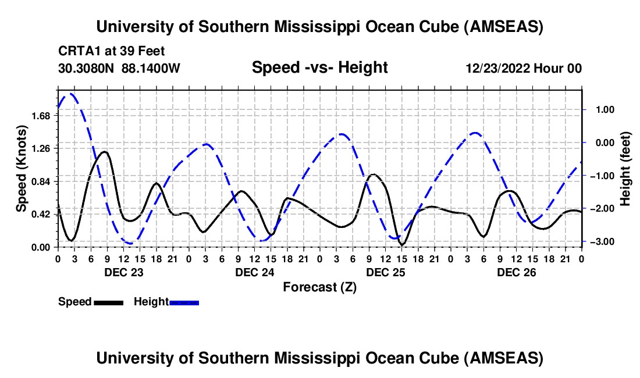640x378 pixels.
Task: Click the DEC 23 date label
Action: [x=123, y=272]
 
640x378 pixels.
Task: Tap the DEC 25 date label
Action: [x=385, y=272]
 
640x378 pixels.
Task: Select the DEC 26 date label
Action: [x=516, y=272]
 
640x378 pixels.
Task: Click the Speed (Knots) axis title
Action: [x=22, y=171]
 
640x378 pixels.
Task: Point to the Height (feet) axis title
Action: [x=626, y=171]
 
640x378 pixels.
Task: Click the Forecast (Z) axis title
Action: [x=319, y=287]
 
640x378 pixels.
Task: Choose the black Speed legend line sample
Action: [x=108, y=302]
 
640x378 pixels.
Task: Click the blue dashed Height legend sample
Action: [x=184, y=302]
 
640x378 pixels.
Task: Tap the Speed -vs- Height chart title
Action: [x=319, y=68]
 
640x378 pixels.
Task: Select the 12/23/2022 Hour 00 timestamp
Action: [x=524, y=69]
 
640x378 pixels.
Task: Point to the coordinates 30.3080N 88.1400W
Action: [x=119, y=69]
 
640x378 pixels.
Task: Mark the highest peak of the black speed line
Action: [x=104, y=152]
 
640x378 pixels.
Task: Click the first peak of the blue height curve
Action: [x=70, y=94]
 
